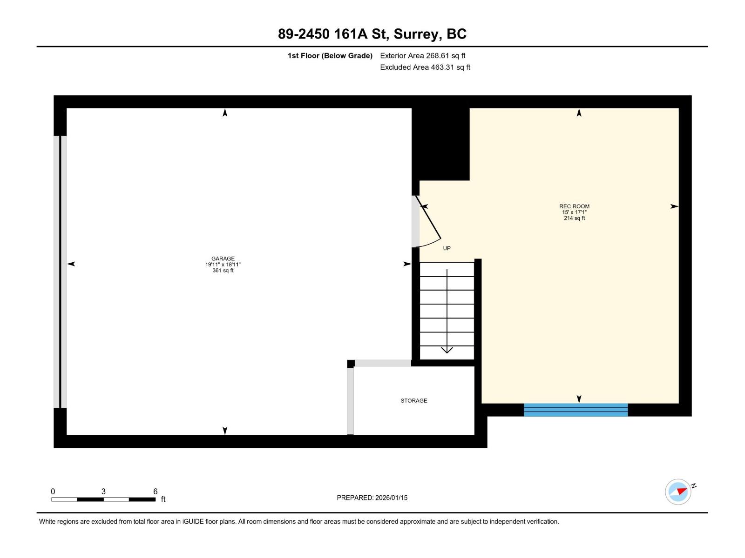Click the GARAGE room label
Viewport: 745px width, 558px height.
pyautogui.click(x=223, y=259)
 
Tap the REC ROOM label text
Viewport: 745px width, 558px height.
pyautogui.click(x=574, y=206)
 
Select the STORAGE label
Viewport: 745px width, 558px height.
pyautogui.click(x=413, y=400)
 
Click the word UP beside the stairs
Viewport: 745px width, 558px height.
pyautogui.click(x=447, y=248)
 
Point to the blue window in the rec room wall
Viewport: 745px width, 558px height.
pyautogui.click(x=576, y=410)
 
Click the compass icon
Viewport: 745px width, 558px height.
pyautogui.click(x=678, y=492)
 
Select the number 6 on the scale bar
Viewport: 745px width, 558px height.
pyautogui.click(x=155, y=492)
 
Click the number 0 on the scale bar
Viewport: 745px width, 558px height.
pyautogui.click(x=53, y=492)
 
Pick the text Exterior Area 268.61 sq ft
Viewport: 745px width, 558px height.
pyautogui.click(x=422, y=56)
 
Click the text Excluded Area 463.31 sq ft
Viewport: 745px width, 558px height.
pyautogui.click(x=425, y=67)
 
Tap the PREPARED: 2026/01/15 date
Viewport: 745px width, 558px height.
pyautogui.click(x=372, y=498)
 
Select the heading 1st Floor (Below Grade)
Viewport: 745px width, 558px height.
pyautogui.click(x=330, y=56)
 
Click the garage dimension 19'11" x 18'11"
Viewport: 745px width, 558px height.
pyautogui.click(x=223, y=265)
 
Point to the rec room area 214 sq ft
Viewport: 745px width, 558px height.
pyautogui.click(x=574, y=218)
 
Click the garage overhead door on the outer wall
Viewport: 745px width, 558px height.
pyautogui.click(x=60, y=272)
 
